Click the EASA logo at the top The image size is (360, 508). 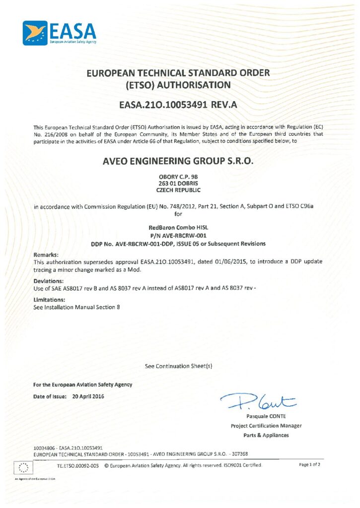tap(59, 33)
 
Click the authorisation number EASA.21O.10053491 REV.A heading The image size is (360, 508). tap(179, 105)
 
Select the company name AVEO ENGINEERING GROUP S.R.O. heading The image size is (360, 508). tap(179, 160)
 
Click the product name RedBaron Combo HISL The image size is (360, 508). tap(179, 228)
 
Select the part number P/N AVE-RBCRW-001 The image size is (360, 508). tap(179, 236)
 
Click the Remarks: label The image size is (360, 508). tap(46, 254)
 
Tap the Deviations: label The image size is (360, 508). tap(48, 280)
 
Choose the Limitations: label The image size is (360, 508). tap(49, 300)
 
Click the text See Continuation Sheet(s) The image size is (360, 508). tap(179, 366)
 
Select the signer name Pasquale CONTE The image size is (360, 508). tap(266, 416)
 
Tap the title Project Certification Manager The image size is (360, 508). tap(266, 426)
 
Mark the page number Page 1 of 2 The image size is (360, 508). tap(310, 465)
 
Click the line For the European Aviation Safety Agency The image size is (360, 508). tap(82, 384)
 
